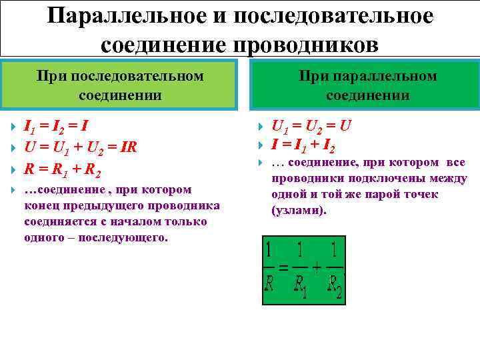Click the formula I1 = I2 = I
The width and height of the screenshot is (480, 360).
pos(57,126)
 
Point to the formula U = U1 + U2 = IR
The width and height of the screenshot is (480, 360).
pos(80,147)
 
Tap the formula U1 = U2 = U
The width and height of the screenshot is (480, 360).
pos(311,126)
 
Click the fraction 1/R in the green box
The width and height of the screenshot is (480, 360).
pos(270,269)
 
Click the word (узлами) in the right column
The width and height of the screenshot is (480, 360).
pos(299,210)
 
